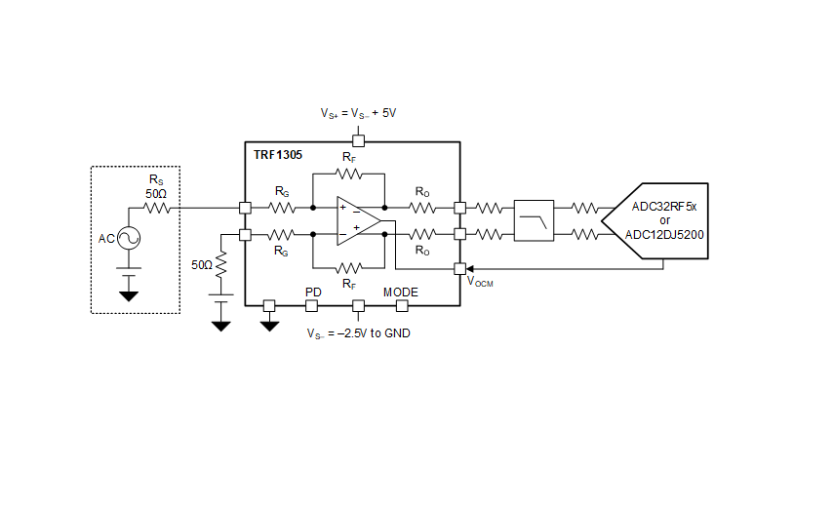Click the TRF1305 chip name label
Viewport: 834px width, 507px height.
pos(278,155)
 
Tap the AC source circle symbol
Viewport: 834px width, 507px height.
pos(129,238)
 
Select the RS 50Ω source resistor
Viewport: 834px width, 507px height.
pos(157,208)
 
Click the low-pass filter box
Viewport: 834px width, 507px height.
pos(534,220)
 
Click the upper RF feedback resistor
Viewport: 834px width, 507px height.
pos(348,174)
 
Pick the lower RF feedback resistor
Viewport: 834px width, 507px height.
pos(348,268)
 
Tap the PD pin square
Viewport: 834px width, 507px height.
pos(312,305)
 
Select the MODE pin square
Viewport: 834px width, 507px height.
pos(402,305)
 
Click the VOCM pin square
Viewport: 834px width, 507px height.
pos(460,269)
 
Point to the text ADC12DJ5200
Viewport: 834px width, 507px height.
pos(664,235)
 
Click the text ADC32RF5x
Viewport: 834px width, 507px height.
pos(664,206)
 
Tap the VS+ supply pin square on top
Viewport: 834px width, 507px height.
pos(359,140)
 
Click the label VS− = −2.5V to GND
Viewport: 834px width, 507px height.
pos(359,333)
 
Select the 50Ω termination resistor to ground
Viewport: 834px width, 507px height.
pos(220,264)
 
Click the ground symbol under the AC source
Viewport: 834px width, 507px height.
pos(129,296)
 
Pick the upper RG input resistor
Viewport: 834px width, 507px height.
pos(282,208)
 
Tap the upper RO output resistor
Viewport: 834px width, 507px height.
pos(422,208)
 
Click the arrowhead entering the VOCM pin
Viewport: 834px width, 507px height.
pos(469,269)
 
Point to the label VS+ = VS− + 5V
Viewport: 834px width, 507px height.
pos(358,114)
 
